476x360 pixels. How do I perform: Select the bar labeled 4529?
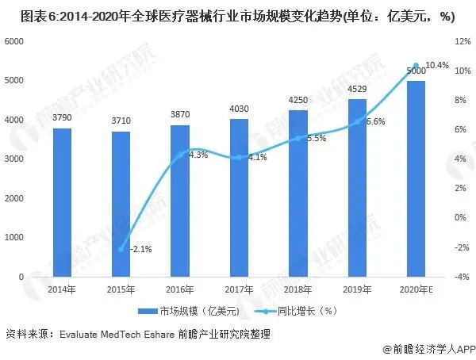pos(357,188)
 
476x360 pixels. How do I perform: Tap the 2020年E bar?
pos(416,178)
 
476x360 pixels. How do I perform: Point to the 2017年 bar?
pos(240,197)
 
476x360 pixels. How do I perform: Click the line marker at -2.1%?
pos(121,249)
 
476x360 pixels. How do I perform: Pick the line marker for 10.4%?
pos(416,66)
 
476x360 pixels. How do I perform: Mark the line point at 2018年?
pos(298,138)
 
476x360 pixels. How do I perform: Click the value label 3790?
pos(63,118)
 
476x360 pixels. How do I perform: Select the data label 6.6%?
pos(375,121)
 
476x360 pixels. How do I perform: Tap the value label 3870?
pos(180,115)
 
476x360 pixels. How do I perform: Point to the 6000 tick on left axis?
pos(16,41)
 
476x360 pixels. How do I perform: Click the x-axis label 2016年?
pos(180,289)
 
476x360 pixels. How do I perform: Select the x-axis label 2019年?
pos(357,289)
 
